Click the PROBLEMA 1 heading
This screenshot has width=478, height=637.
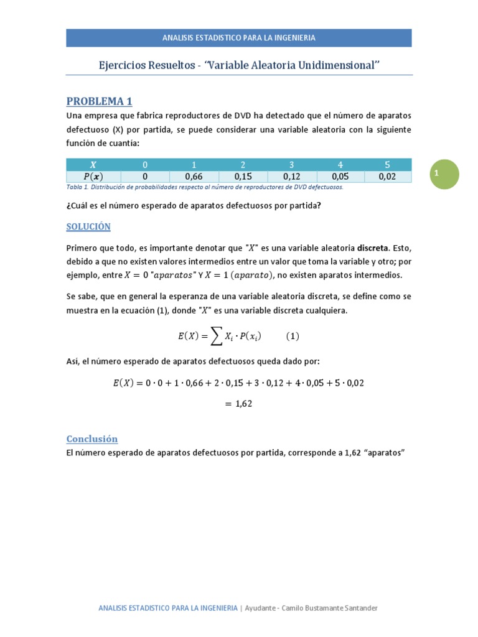[x=99, y=101]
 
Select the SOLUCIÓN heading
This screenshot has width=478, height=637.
[x=88, y=226]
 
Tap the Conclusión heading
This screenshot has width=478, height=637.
[x=91, y=439]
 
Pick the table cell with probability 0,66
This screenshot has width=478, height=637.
[x=194, y=177]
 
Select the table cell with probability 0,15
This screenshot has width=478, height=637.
[x=242, y=177]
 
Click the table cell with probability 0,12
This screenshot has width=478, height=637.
[x=291, y=177]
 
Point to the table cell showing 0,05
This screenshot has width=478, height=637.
[x=340, y=177]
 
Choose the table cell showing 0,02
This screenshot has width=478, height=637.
[x=387, y=177]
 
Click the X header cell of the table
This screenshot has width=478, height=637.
[x=93, y=165]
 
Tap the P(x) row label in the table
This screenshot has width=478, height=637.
[x=93, y=177]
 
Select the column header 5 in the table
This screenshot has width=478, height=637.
[x=387, y=165]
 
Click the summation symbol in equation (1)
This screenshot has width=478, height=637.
[x=215, y=337]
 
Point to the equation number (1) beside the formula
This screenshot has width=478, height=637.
[x=293, y=337]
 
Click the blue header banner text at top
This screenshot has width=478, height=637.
[x=238, y=37]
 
